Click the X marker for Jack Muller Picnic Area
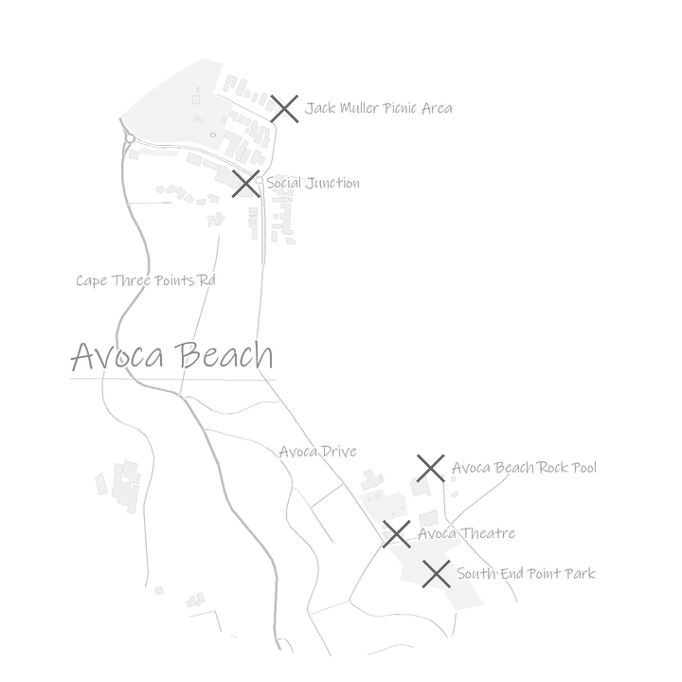point(284,109)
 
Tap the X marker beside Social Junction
point(245,184)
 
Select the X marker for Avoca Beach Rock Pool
point(431,469)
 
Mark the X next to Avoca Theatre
point(397,534)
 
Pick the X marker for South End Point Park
point(437,574)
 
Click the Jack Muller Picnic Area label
point(378,108)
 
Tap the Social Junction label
point(314,183)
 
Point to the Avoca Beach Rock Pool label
point(524,468)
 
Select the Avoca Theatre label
point(466,533)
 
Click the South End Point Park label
point(526,574)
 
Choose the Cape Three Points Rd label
point(146,280)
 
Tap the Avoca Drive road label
point(318,452)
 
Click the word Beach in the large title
point(224,356)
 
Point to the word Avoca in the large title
point(117,357)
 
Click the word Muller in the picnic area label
point(359,108)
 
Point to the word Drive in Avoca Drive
point(339,452)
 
